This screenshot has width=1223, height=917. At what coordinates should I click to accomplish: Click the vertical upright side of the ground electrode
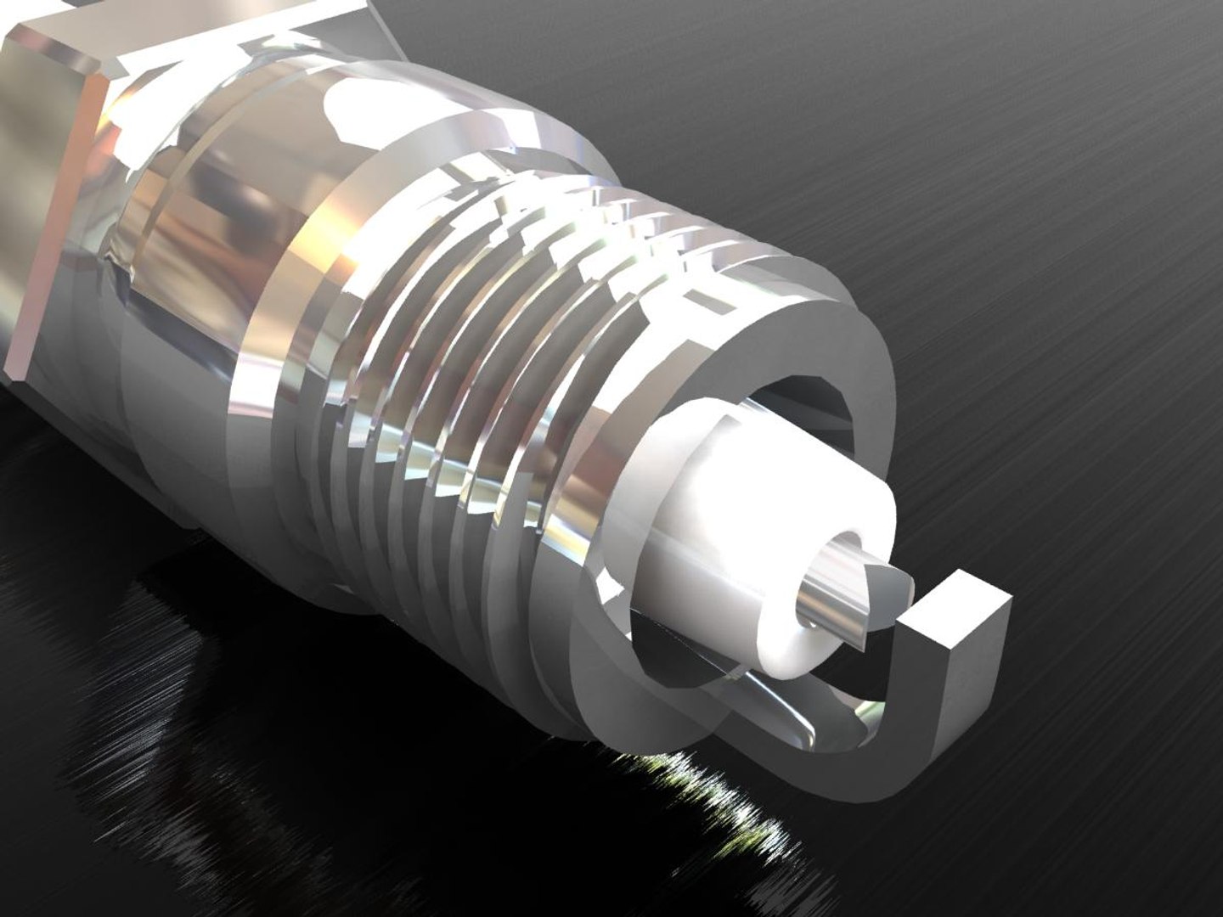[x=968, y=679]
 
